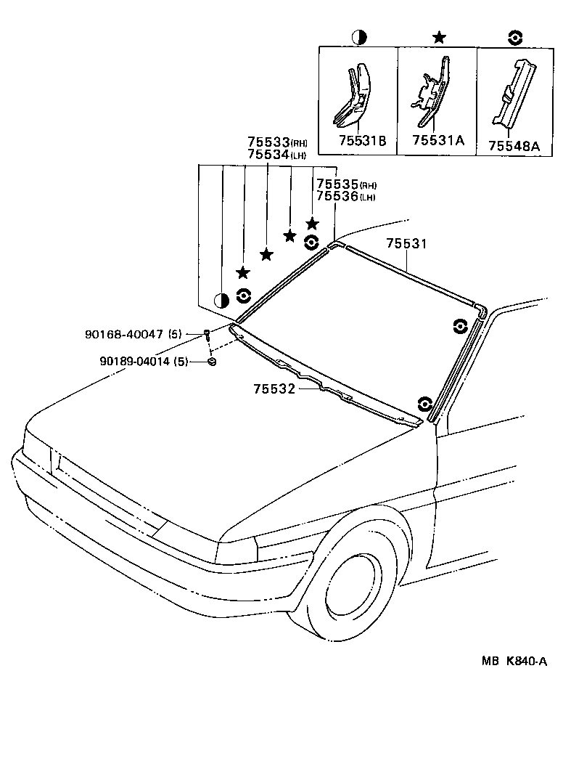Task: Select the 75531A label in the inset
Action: [437, 142]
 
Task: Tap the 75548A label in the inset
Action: [514, 145]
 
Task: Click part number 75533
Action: [268, 142]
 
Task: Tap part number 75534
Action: [268, 154]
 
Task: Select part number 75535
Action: [337, 185]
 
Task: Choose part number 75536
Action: [337, 197]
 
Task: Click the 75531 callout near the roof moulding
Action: [406, 244]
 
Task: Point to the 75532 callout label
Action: [274, 388]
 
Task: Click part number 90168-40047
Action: [124, 334]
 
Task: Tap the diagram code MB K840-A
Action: [514, 662]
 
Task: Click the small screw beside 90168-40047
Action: [207, 335]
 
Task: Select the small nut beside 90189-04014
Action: [210, 361]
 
